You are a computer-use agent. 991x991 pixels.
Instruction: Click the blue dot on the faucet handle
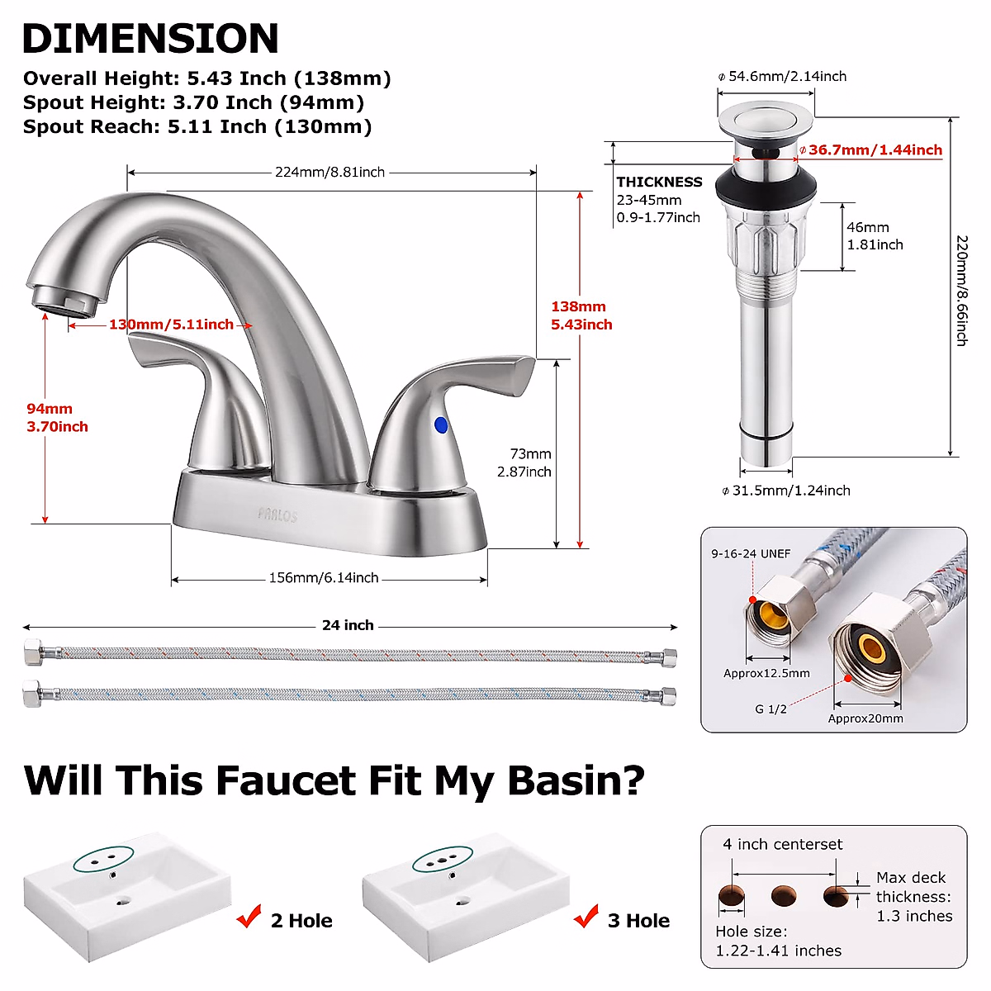[x=440, y=425]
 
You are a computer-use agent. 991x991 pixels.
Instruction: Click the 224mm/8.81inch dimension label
[x=330, y=173]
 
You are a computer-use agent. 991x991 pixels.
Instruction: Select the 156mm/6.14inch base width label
[x=324, y=578]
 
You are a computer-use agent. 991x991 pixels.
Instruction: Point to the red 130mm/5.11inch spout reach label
[x=171, y=325]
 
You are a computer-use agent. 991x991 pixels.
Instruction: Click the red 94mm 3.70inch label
[x=57, y=418]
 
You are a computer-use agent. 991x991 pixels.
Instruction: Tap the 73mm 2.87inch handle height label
[x=524, y=463]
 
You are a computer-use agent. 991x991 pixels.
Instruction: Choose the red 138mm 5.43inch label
[x=581, y=315]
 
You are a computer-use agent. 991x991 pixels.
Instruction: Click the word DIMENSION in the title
[x=150, y=38]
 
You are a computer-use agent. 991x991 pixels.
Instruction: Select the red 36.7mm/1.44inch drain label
[x=875, y=150]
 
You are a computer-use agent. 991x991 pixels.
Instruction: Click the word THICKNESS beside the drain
[x=659, y=182]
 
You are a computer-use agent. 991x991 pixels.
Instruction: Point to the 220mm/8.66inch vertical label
[x=962, y=290]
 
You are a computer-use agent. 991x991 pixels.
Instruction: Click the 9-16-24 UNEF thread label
[x=751, y=553]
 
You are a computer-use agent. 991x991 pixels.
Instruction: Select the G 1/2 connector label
[x=771, y=709]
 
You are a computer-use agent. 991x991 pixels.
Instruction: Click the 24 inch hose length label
[x=348, y=625]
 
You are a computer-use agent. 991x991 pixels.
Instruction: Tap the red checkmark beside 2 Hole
[x=249, y=918]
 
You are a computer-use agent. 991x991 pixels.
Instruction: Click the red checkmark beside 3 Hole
[x=586, y=917]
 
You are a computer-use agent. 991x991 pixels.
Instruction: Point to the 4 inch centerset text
[x=782, y=844]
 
